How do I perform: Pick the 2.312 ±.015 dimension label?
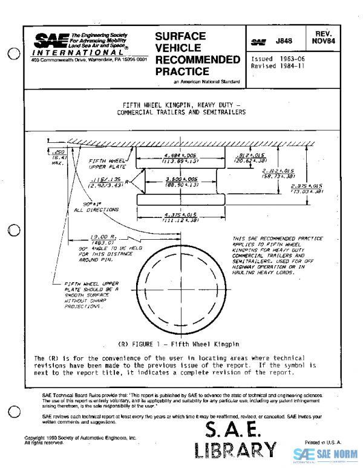(x=279, y=173)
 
